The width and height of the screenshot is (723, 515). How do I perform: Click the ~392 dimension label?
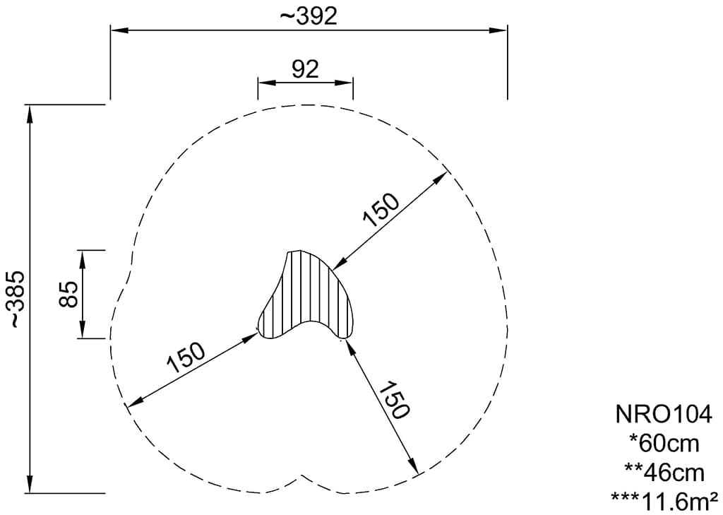pos(309,17)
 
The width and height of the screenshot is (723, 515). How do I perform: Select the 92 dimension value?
pos(305,70)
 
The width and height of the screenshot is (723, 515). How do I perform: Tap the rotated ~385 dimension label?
pos(18,299)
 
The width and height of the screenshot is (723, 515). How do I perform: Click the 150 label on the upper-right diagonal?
pos(381,210)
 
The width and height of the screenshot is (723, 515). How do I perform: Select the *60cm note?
pos(664,444)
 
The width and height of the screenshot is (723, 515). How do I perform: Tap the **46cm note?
pos(664,473)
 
